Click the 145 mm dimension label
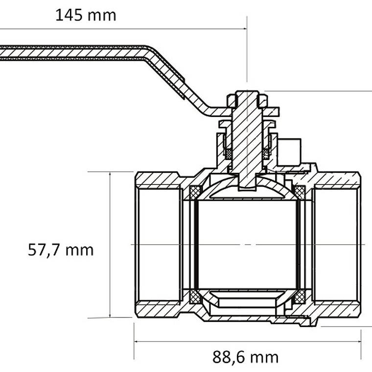coord(86,15)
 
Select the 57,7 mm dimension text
coord(61,250)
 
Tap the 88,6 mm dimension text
coord(245,357)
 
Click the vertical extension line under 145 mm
coord(247,49)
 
